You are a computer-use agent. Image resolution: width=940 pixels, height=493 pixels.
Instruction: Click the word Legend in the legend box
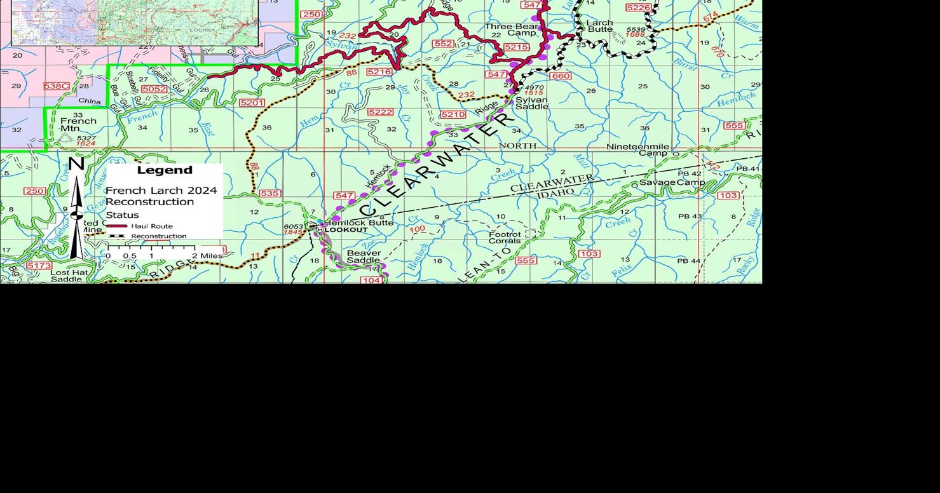(x=164, y=170)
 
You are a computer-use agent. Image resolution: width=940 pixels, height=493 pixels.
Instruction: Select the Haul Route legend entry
(x=151, y=226)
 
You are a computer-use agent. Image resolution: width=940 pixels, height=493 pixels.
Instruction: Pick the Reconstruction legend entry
(x=158, y=236)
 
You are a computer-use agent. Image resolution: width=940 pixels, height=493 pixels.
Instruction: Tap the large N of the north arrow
(x=76, y=164)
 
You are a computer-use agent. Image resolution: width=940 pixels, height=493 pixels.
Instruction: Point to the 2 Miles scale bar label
(x=211, y=256)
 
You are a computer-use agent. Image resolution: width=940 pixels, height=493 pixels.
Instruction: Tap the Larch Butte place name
(x=599, y=26)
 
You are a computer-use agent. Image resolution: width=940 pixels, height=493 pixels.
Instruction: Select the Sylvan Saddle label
(x=531, y=103)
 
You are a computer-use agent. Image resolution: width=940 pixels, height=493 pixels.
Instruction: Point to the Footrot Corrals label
(x=505, y=238)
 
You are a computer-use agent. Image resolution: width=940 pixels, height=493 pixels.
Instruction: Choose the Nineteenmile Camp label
(x=637, y=150)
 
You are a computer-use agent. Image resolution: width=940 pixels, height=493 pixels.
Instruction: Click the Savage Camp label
(x=672, y=183)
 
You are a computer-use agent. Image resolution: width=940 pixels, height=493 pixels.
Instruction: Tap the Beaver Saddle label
(x=364, y=257)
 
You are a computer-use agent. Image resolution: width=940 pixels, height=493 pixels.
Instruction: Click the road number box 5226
(x=638, y=8)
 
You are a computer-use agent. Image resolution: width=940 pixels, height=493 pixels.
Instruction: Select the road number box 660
(x=560, y=76)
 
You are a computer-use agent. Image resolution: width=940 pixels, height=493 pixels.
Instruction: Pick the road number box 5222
(x=380, y=112)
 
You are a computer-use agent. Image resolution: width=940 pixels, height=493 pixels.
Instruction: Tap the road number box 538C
(x=56, y=86)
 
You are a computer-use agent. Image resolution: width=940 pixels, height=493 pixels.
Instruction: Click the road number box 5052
(x=154, y=90)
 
